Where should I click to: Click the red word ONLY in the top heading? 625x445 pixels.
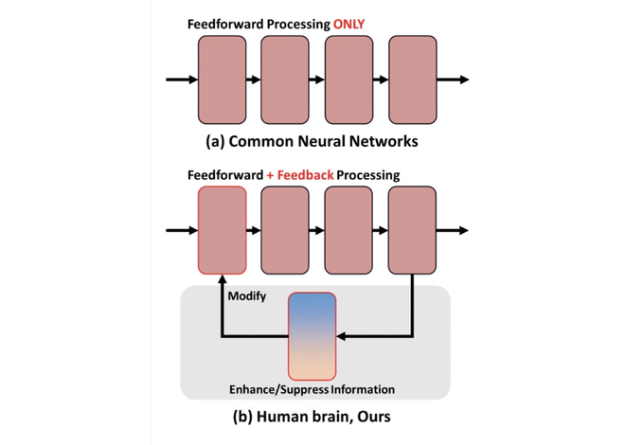pos(348,25)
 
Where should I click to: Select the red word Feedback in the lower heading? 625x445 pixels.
pos(305,175)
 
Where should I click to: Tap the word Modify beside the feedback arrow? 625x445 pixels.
pos(247,296)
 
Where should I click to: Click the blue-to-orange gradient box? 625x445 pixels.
pos(312,336)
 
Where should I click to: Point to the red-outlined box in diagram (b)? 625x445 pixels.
pos(222,230)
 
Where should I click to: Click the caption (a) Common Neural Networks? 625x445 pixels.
pos(312,141)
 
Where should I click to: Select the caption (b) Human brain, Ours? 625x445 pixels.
pos(312,417)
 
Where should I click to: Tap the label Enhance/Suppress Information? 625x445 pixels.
pos(312,389)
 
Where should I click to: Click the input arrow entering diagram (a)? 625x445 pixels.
pos(182,80)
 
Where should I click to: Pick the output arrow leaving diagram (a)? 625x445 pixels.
pos(453,80)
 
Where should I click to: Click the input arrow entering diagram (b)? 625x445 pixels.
pos(182,230)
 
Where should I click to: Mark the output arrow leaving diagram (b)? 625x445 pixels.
pos(453,230)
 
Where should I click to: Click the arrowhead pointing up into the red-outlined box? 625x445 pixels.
pos(222,279)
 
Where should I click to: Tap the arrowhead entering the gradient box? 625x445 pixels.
pos(341,337)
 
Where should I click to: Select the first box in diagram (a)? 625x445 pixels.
pos(222,80)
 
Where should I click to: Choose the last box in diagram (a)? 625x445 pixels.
pos(413,80)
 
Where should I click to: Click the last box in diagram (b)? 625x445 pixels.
pos(412,230)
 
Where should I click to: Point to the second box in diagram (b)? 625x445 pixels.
pos(285,230)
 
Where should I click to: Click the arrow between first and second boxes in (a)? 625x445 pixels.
pos(254,80)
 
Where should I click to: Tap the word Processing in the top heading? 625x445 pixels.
pos(298,25)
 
